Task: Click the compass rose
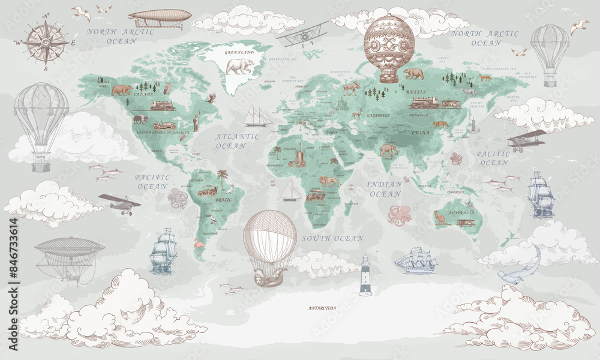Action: click(46, 42)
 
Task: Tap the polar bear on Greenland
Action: click(240, 66)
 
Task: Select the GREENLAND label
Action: click(239, 53)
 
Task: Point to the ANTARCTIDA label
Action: click(322, 308)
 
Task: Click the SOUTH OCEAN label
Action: click(332, 239)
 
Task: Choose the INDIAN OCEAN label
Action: click(385, 189)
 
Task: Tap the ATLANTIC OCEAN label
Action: click(238, 141)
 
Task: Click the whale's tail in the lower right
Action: click(536, 255)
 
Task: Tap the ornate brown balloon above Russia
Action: click(389, 47)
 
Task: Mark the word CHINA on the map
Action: click(421, 132)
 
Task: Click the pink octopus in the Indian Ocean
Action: click(399, 215)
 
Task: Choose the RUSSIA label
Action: click(417, 92)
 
